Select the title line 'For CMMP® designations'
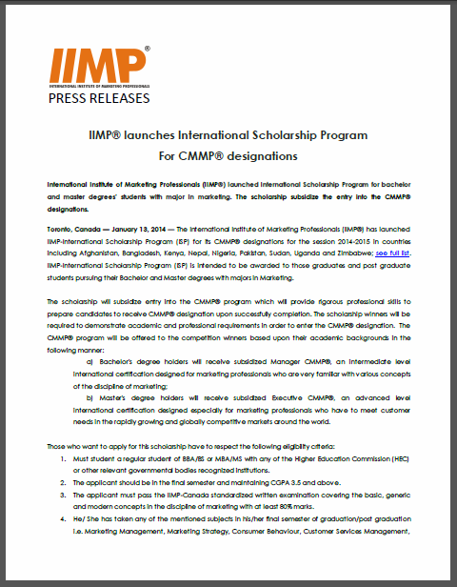pos(228,154)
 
